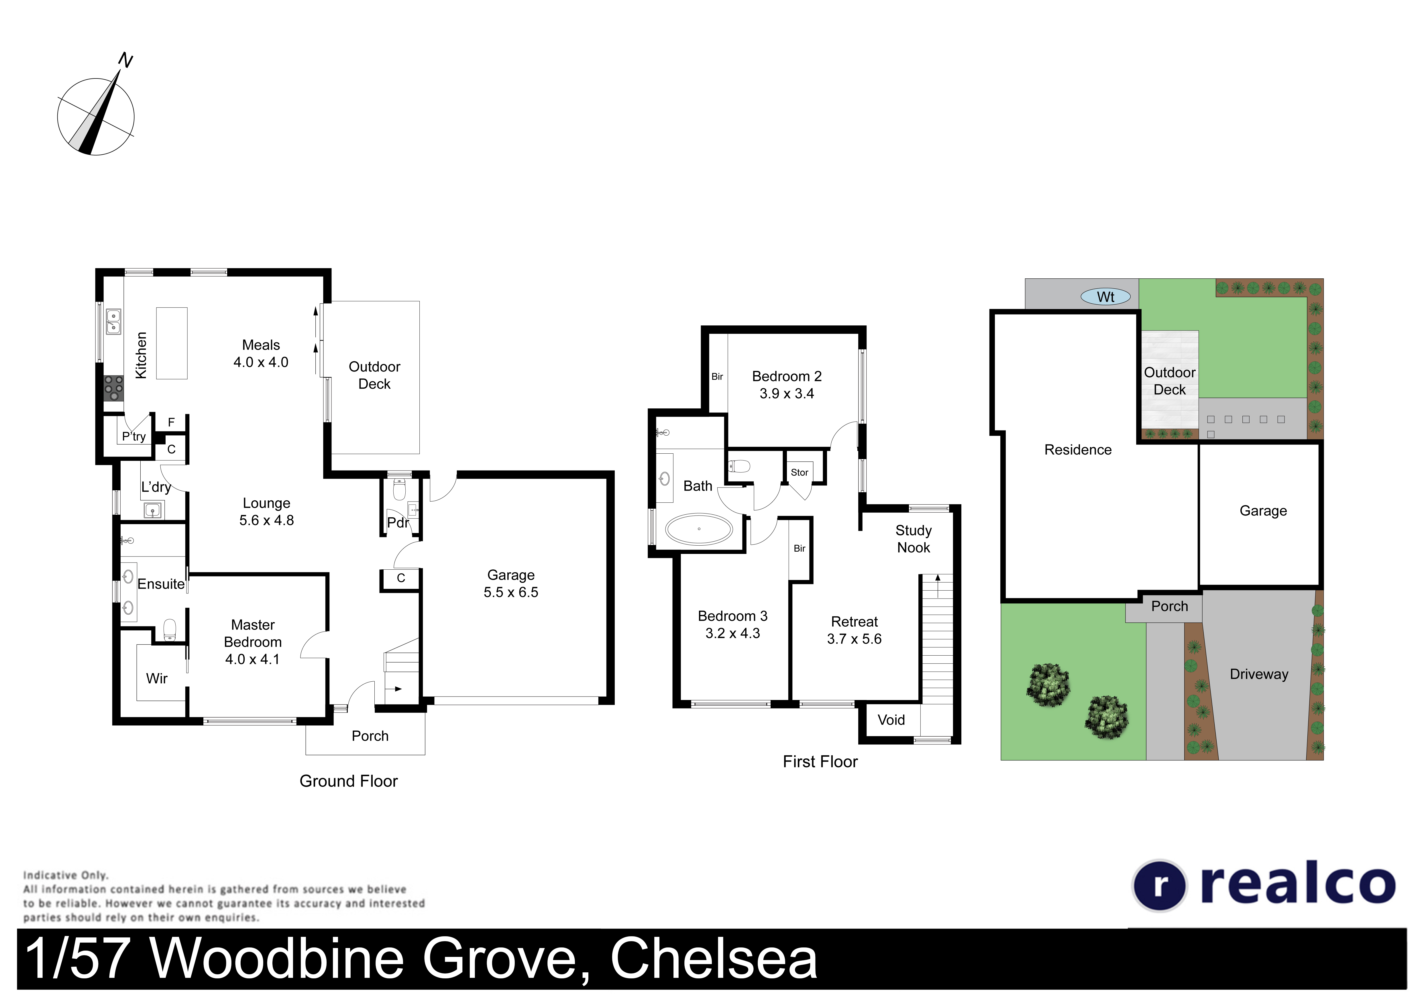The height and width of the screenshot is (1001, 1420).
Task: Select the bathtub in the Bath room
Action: pyautogui.click(x=699, y=529)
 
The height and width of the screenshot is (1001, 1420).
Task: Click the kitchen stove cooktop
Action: pyautogui.click(x=113, y=388)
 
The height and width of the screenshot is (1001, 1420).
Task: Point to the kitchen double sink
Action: pyautogui.click(x=113, y=322)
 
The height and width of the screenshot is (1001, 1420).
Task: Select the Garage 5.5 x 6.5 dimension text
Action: pyautogui.click(x=511, y=592)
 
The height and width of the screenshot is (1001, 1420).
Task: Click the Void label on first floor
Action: pyautogui.click(x=891, y=720)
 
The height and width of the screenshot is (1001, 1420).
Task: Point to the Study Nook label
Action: pyautogui.click(x=914, y=539)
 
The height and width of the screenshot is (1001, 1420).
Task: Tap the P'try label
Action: pyautogui.click(x=133, y=436)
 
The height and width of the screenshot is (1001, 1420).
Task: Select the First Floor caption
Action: pyautogui.click(x=820, y=762)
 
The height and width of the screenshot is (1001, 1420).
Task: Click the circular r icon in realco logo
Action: pyautogui.click(x=1160, y=885)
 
